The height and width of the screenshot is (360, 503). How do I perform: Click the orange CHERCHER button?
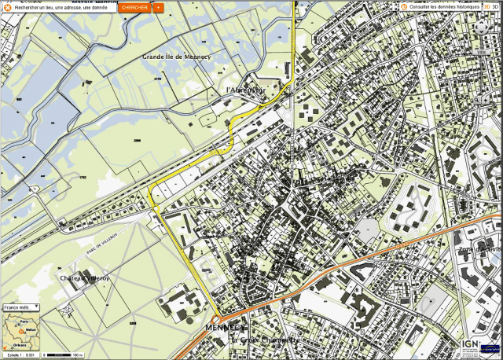[134, 7]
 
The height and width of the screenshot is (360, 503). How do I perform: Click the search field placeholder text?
[61, 7]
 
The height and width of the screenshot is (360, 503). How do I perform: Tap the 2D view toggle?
[486, 6]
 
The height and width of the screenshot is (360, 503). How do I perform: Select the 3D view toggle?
[496, 6]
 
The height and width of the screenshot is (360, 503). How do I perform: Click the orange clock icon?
[404, 6]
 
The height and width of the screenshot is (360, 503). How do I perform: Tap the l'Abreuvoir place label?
[245, 90]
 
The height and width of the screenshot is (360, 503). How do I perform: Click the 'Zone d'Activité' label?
[480, 249]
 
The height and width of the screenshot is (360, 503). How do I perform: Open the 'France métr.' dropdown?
[21, 308]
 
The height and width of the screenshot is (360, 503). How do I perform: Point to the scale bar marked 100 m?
[63, 354]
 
